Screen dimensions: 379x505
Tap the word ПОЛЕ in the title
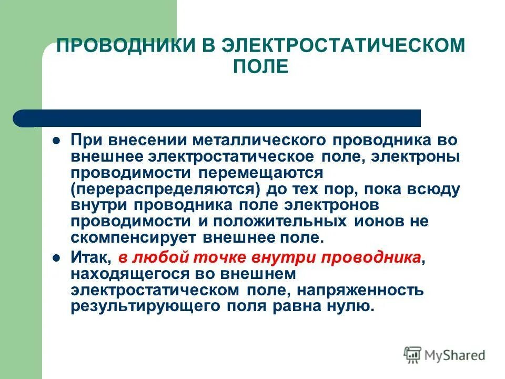[x=261, y=67]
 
